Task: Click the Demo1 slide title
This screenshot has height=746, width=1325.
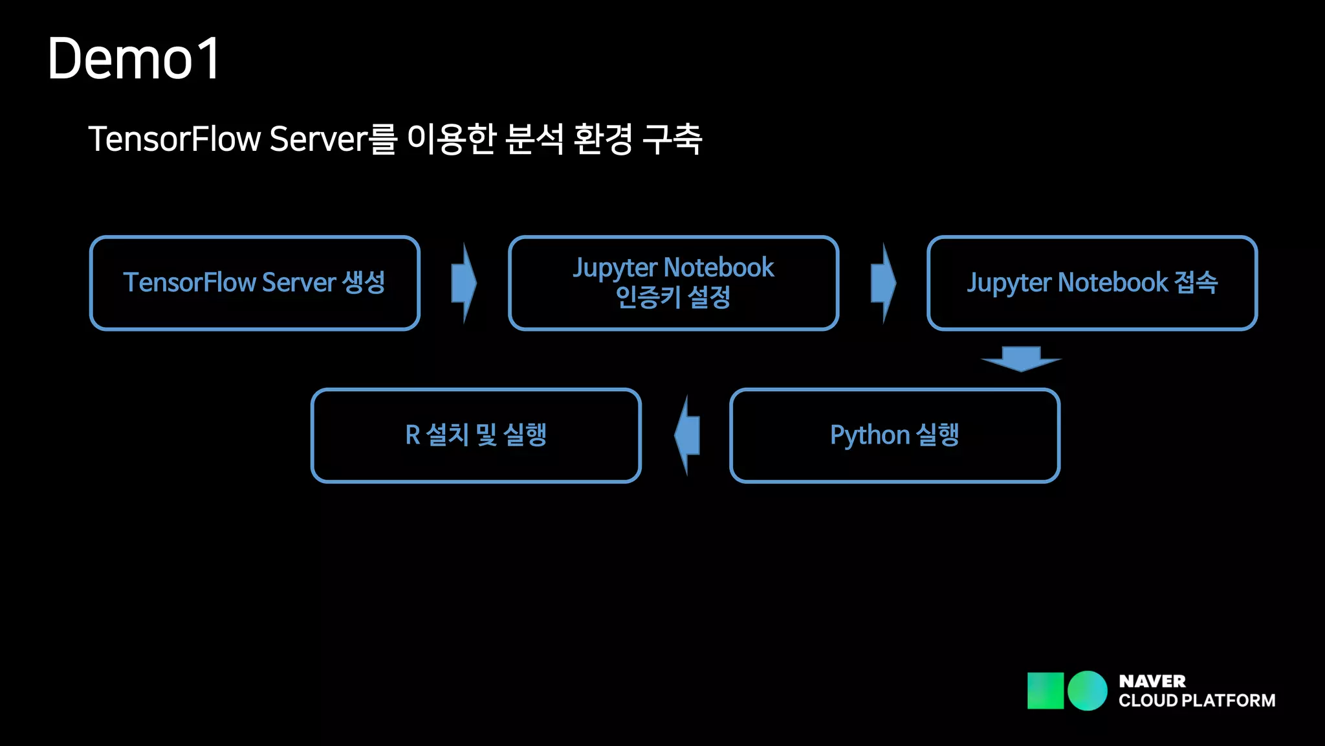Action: tap(134, 59)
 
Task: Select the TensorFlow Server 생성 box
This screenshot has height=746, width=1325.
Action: tap(255, 283)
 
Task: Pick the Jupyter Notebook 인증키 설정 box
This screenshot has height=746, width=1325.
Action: tap(673, 283)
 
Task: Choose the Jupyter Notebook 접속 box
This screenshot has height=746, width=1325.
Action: tap(1092, 283)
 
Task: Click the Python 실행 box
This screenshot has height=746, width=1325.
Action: tap(895, 435)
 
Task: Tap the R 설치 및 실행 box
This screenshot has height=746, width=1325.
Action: tap(476, 435)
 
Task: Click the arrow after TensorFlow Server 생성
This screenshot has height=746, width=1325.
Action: tap(464, 283)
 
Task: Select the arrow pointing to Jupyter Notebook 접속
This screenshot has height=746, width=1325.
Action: tap(883, 283)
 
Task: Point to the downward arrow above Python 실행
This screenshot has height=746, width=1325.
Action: tap(1021, 359)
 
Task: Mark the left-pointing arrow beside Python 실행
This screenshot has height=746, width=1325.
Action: tap(687, 435)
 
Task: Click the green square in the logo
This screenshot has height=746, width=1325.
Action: tap(1045, 690)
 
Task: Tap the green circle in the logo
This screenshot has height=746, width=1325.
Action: tap(1087, 690)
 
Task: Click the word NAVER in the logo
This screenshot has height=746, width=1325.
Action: tap(1152, 681)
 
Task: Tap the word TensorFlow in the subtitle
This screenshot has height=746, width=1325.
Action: tap(175, 139)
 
